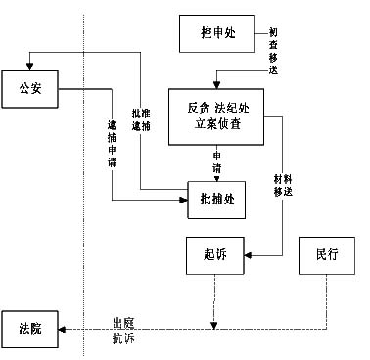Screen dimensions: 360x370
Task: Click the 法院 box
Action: tap(29, 327)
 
